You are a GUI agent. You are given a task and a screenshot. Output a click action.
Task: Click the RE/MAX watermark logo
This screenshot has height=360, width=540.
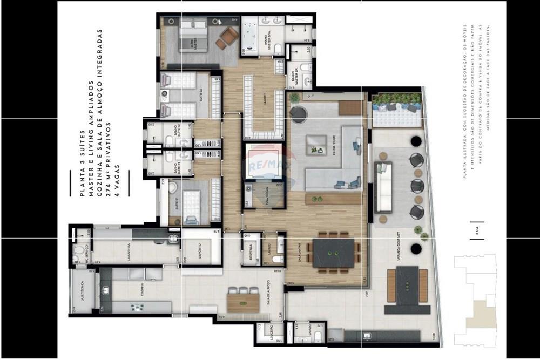[x=264, y=161]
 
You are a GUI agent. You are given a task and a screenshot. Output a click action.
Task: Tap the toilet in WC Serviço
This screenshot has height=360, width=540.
[x=79, y=251]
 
